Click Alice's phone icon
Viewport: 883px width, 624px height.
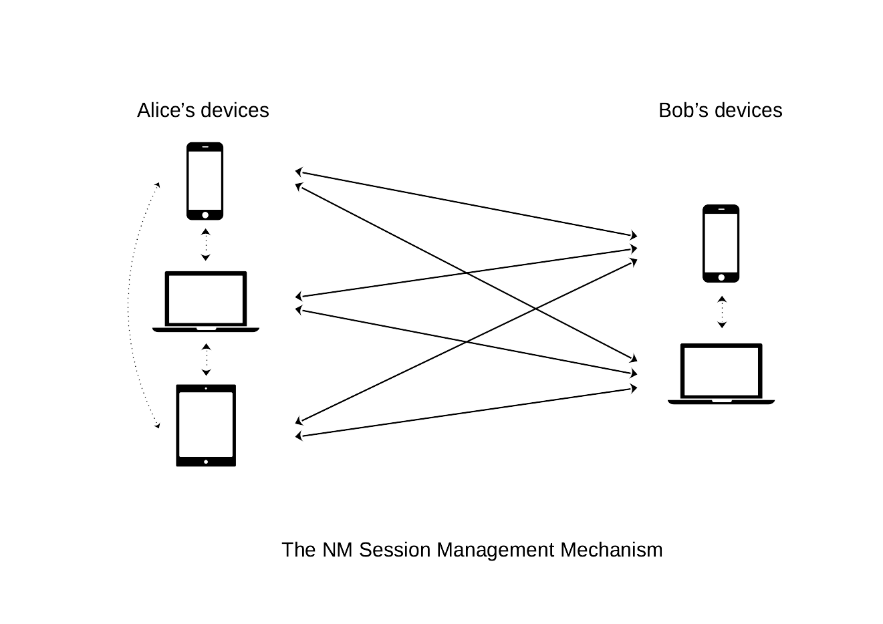pos(205,180)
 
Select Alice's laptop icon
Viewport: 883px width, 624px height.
pos(206,301)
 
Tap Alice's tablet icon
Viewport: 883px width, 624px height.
pos(206,425)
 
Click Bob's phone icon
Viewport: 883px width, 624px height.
pos(721,243)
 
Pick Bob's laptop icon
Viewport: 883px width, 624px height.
pos(721,373)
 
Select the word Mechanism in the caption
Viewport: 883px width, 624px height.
pos(612,550)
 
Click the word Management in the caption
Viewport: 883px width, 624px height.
pos(495,550)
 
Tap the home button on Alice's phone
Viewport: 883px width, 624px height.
pos(205,214)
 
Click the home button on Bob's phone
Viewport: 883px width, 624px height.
pos(721,277)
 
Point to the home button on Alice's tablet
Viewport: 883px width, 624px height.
pos(206,462)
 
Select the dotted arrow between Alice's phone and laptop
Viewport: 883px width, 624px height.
pos(206,245)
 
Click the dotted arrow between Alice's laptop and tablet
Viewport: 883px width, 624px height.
pos(207,359)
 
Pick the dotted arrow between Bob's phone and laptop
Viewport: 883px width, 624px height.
pos(722,312)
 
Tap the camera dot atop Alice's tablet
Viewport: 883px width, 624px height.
pos(206,388)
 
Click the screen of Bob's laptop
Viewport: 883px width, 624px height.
pos(721,371)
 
